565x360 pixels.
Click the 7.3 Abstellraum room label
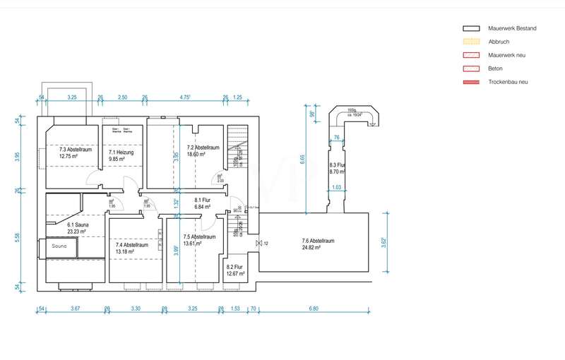(x=76, y=150)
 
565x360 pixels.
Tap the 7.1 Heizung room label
(x=121, y=152)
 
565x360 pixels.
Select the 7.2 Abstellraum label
(x=203, y=148)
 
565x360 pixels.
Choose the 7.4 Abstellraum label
(x=131, y=245)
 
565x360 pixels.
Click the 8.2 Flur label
(x=235, y=267)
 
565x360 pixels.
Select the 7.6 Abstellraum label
(x=317, y=241)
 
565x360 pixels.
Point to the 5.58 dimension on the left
(x=18, y=236)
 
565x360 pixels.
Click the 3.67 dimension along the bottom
(x=76, y=308)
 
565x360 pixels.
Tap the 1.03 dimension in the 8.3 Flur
(x=336, y=187)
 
